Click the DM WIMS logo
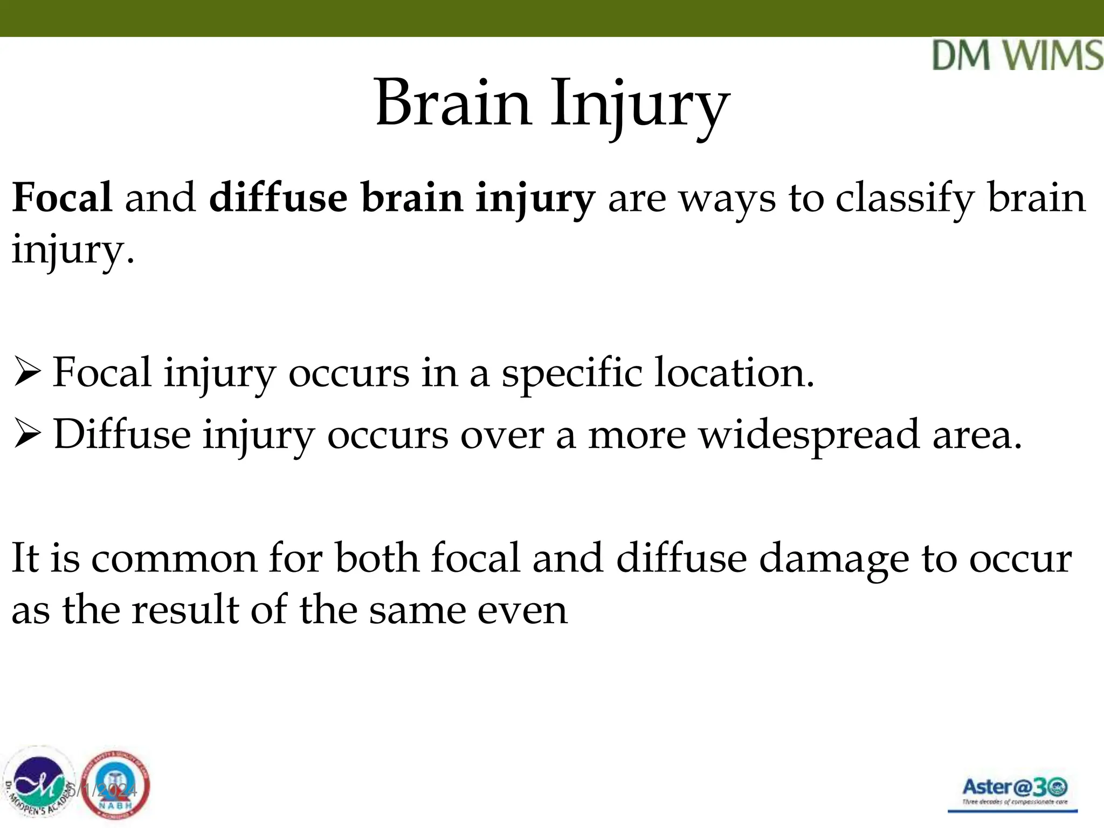(x=1017, y=55)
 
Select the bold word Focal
(x=62, y=197)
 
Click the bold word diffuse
(x=278, y=197)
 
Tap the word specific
(x=572, y=374)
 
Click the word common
(x=174, y=558)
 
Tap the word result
(x=185, y=610)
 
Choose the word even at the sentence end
(x=522, y=611)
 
